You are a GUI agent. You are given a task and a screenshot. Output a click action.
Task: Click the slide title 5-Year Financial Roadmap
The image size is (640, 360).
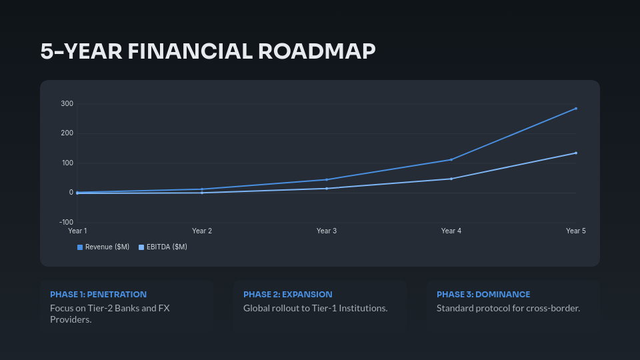208,51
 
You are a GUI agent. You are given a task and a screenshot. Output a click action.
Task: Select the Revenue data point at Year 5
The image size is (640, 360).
575,109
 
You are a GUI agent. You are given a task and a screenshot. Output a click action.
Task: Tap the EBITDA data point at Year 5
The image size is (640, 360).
575,153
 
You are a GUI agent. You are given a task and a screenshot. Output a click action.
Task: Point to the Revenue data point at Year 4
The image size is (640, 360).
451,159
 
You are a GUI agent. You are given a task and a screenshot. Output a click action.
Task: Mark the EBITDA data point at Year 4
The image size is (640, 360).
451,179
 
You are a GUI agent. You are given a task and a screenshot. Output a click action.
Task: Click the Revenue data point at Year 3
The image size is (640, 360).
327,179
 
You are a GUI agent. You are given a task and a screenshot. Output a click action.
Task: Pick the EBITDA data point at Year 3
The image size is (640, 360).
327,189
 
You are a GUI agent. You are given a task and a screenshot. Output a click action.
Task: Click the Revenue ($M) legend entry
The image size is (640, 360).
103,247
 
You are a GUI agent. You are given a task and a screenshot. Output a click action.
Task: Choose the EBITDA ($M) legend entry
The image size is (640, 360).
163,247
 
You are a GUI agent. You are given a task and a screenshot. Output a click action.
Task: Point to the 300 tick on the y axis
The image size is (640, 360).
67,104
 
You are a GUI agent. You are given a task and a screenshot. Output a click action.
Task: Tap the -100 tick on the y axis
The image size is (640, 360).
66,222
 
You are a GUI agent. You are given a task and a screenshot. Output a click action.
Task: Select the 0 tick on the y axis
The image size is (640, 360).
70,193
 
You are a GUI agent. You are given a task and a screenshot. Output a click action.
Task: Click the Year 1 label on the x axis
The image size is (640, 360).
77,231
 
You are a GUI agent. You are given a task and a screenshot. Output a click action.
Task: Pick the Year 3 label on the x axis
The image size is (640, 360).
327,231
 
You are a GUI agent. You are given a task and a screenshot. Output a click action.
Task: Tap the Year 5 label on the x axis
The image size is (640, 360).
575,231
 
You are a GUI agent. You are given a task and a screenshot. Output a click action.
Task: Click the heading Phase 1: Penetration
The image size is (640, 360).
98,294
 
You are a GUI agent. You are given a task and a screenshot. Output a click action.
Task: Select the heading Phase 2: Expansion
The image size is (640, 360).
287,294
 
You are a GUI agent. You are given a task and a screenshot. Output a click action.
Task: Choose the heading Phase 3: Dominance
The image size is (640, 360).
483,294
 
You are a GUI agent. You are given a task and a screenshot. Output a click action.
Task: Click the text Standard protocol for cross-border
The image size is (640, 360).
508,308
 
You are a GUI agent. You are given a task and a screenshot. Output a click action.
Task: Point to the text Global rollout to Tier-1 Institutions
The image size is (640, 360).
315,308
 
